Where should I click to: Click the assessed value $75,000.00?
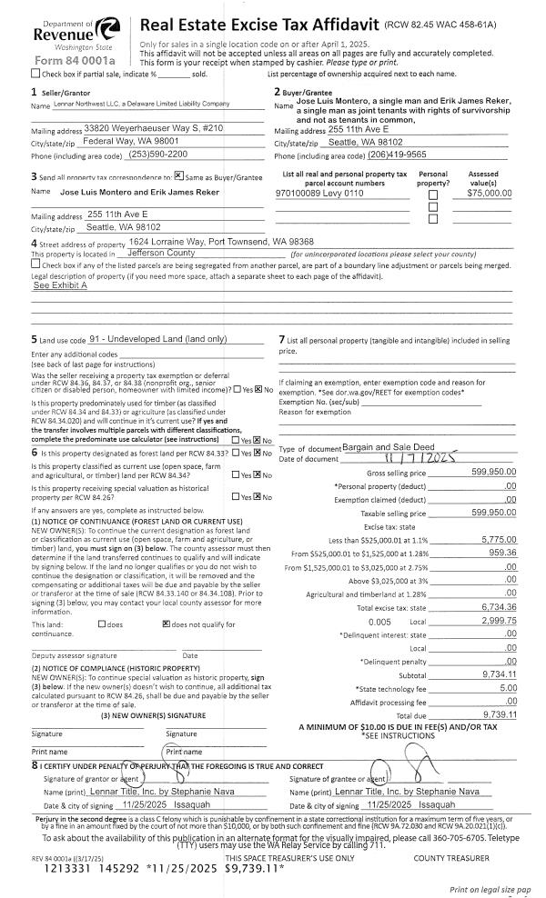pos(489,193)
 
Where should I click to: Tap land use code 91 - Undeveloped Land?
pos(158,340)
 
